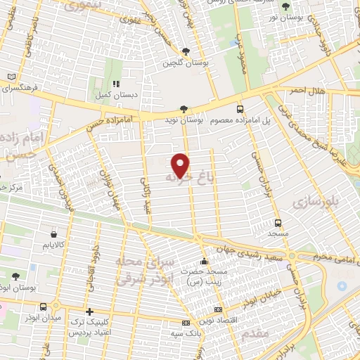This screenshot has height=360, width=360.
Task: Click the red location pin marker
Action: [x=181, y=165]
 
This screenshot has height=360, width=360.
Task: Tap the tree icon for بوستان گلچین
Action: [x=186, y=51]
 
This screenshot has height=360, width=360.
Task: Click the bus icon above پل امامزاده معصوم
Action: [x=240, y=110]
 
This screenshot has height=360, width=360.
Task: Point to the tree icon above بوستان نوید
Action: [x=184, y=109]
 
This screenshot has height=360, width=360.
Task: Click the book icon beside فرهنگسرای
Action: [x=10, y=77]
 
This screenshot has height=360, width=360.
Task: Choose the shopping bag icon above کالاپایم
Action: [x=53, y=233]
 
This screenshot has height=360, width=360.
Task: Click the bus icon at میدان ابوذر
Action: [x=45, y=307]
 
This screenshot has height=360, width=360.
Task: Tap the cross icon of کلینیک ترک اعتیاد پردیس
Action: [x=89, y=311]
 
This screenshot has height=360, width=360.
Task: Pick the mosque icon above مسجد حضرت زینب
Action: [x=204, y=262]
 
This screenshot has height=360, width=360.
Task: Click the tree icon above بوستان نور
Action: [x=285, y=7]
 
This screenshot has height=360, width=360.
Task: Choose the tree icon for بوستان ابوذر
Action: [x=15, y=276]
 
